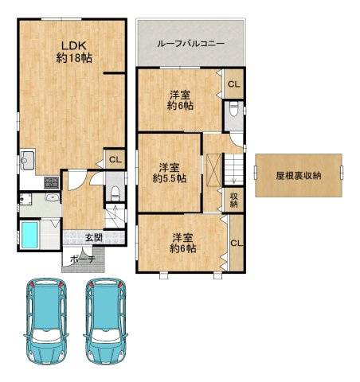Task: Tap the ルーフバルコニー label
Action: click(x=190, y=44)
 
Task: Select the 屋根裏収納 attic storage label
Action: click(x=299, y=176)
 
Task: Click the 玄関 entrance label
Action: click(x=92, y=237)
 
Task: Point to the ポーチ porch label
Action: click(x=82, y=259)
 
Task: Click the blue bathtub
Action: click(x=29, y=235)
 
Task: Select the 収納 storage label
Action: click(x=234, y=200)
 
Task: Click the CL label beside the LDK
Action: click(x=114, y=160)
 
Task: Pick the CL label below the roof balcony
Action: click(x=233, y=84)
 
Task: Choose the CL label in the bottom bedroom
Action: click(x=237, y=243)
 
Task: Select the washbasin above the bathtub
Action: click(x=53, y=198)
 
